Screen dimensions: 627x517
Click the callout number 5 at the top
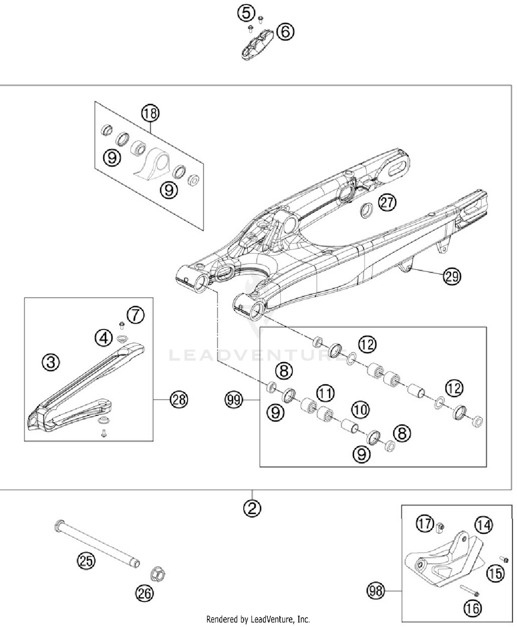[246, 13]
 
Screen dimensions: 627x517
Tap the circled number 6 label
[285, 32]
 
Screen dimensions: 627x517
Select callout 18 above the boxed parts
[150, 113]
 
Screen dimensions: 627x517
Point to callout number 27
[387, 202]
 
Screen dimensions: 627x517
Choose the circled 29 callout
[452, 276]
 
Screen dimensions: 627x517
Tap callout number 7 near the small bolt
[135, 315]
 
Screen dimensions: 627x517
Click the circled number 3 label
[51, 362]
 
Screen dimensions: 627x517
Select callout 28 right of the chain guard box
[179, 400]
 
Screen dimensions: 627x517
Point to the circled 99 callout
[234, 400]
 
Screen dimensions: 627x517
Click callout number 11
[325, 393]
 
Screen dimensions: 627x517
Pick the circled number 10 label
[361, 409]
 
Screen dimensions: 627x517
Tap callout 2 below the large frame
[252, 508]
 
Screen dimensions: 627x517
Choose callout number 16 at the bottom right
[473, 609]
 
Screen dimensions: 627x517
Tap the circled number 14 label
[484, 525]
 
